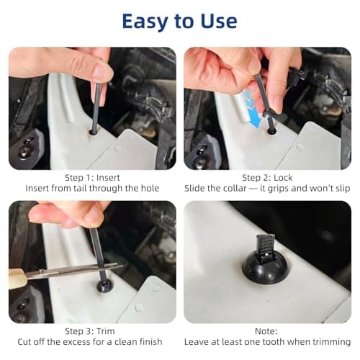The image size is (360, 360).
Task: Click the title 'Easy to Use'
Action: pyautogui.click(x=179, y=21)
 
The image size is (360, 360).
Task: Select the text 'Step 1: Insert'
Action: pyautogui.click(x=92, y=177)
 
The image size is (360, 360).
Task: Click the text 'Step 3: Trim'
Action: pyautogui.click(x=92, y=330)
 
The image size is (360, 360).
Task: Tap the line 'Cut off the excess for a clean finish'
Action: pyautogui.click(x=92, y=341)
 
